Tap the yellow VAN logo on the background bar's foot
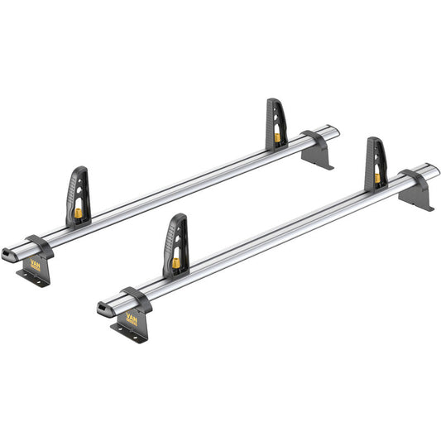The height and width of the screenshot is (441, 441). (x=36, y=264)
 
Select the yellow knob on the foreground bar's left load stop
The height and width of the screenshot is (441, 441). (x=176, y=264)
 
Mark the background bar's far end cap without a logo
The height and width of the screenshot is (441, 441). (x=336, y=130)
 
